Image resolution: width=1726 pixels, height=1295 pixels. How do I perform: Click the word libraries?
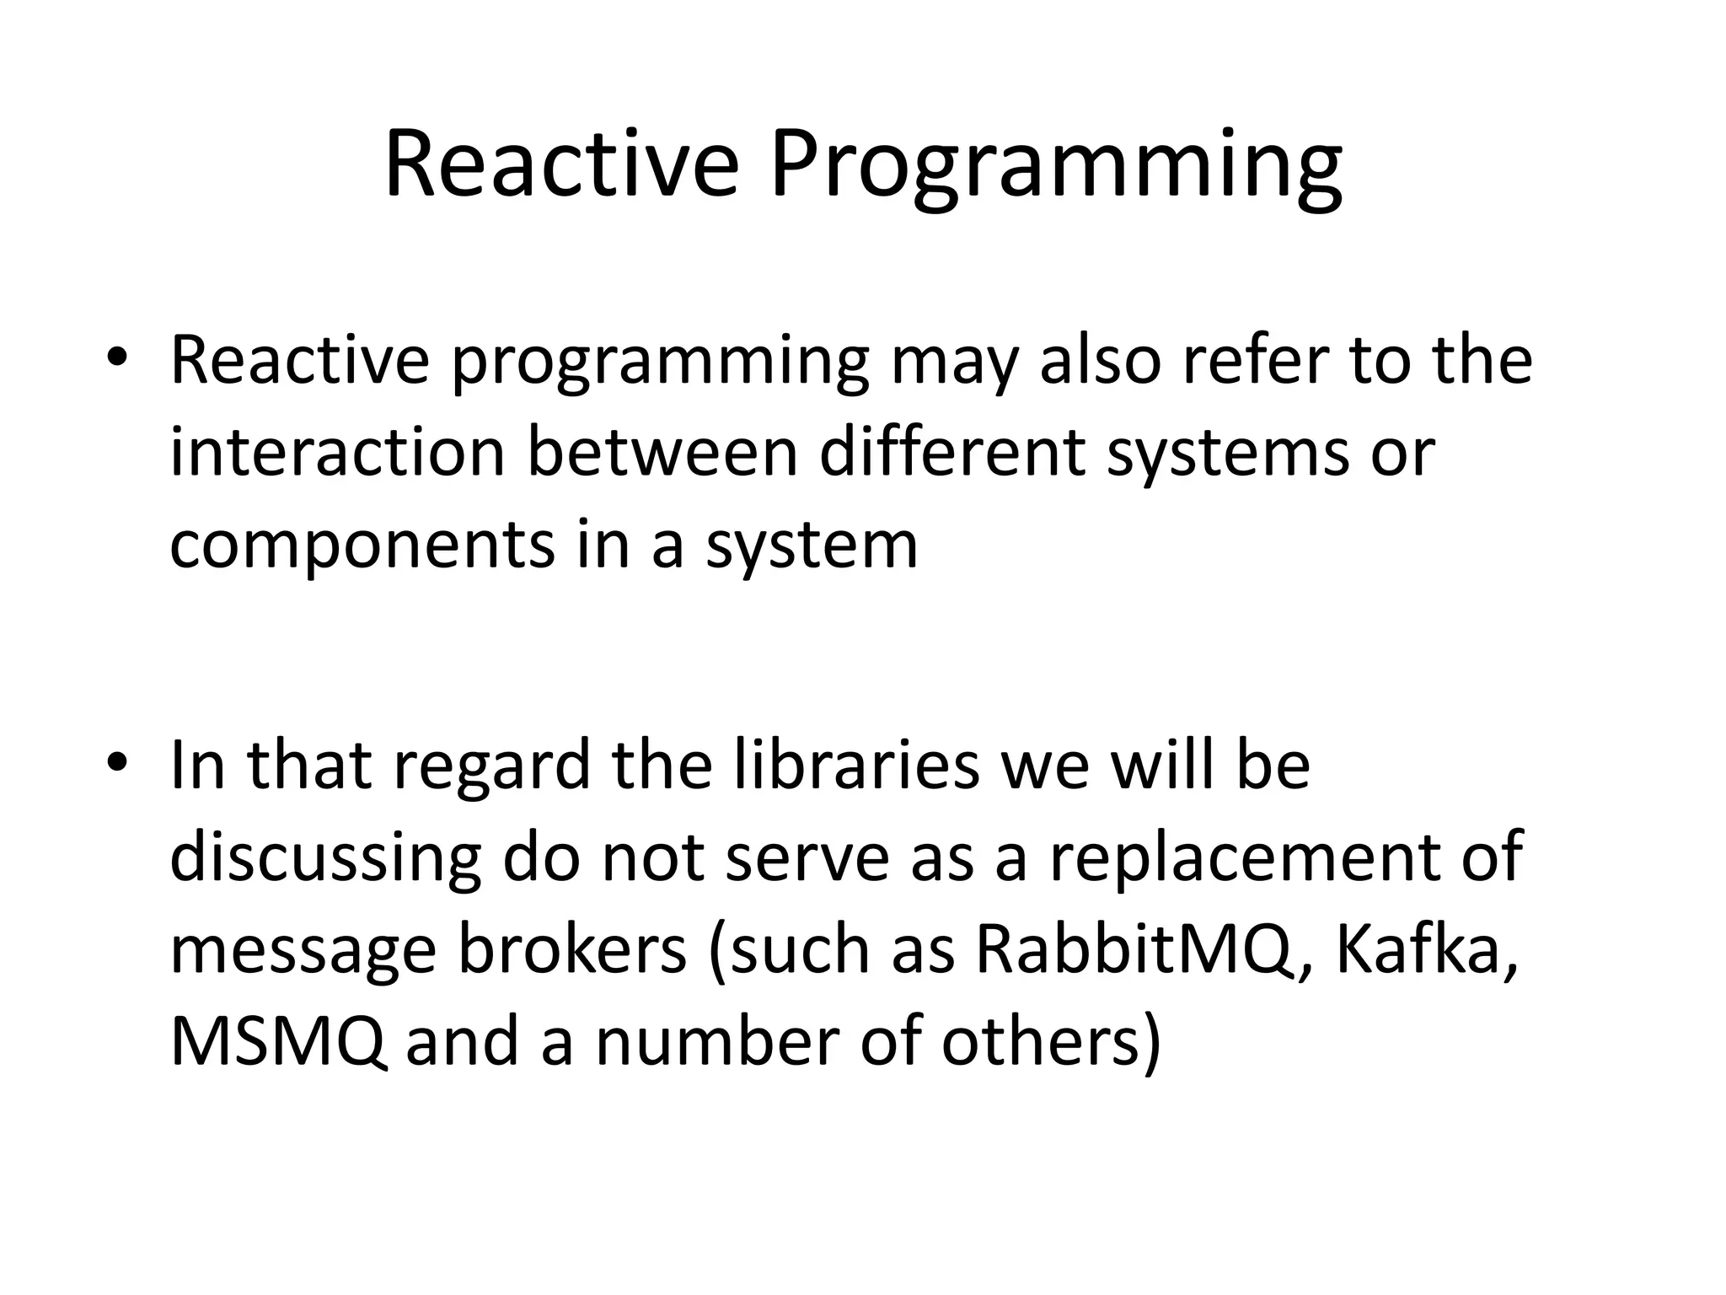pos(857,766)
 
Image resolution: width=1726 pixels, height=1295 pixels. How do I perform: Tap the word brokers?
pos(572,950)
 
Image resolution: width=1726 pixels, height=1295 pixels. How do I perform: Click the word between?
pos(662,452)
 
